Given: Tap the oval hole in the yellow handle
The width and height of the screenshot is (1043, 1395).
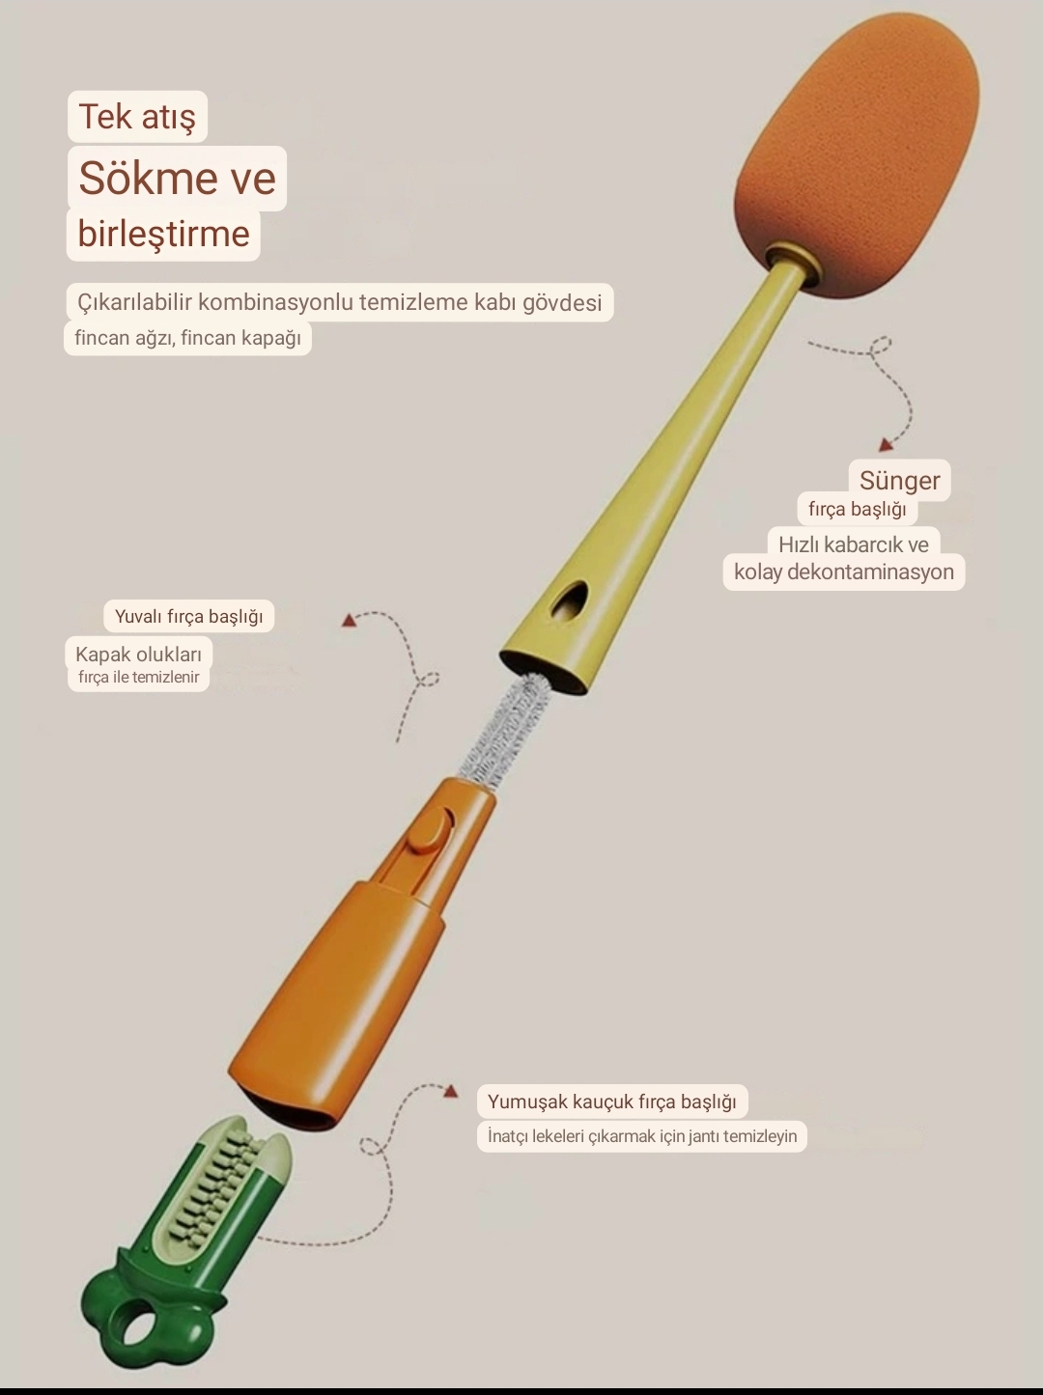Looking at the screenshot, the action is point(570,600).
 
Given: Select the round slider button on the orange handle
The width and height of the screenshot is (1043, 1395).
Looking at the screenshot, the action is point(429,832).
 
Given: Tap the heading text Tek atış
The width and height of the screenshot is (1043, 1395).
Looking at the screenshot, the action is point(137,116).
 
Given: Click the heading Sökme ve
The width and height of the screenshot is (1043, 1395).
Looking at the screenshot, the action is point(177,178).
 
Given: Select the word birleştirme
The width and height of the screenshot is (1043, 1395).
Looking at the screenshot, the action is point(163,234).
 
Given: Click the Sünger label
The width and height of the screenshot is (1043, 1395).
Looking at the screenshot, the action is point(899,481).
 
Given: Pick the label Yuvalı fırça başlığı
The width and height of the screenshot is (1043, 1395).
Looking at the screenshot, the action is point(188,616).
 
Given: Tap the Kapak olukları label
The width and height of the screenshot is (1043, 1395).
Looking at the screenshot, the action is point(138,654).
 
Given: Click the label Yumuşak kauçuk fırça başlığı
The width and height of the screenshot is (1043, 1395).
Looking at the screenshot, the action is point(612,1102).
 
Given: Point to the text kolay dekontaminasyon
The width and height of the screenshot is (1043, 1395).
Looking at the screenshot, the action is point(844,572).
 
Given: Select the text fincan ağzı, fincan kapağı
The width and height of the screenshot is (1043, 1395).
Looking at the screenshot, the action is point(187,338).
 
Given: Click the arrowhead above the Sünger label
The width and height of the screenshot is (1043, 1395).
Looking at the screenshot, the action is point(886,445).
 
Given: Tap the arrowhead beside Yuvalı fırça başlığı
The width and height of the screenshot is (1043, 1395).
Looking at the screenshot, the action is point(348,620).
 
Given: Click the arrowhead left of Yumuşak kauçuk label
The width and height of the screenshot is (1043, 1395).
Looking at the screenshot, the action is point(451,1092).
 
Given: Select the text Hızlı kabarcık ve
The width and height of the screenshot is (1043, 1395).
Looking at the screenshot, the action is point(854,544).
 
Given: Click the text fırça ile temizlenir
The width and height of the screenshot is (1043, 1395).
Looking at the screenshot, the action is point(138,678).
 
